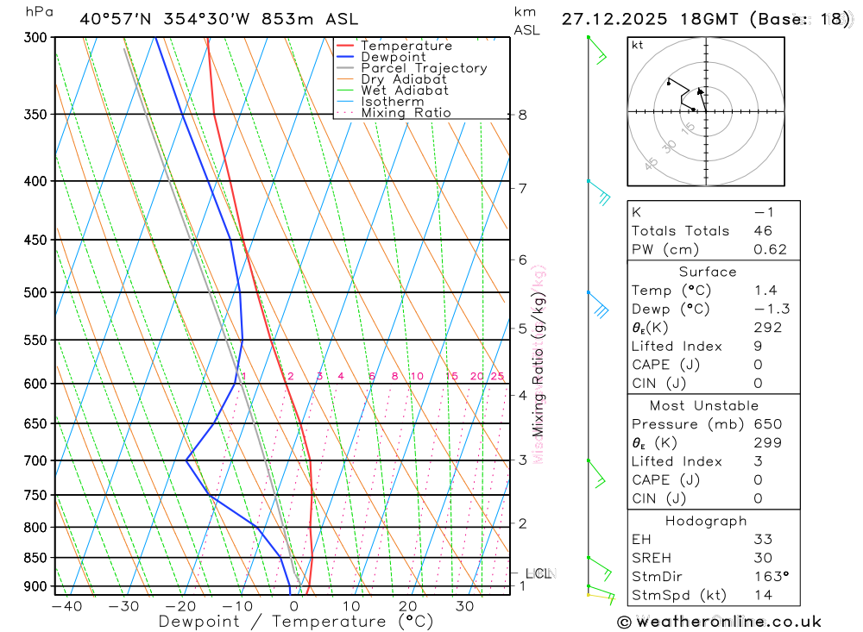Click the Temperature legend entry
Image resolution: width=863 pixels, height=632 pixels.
pyautogui.click(x=406, y=46)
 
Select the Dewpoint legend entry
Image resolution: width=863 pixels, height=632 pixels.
pyautogui.click(x=393, y=57)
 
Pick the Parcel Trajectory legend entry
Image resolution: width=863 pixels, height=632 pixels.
pyautogui.click(x=424, y=68)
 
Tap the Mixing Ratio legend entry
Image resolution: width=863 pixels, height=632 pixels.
pyautogui.click(x=406, y=113)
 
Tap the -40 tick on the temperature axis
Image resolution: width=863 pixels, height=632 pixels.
pyautogui.click(x=66, y=605)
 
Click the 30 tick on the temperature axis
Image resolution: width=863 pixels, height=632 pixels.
pyautogui.click(x=464, y=605)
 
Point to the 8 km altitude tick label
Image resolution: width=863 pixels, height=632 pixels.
pyautogui.click(x=522, y=115)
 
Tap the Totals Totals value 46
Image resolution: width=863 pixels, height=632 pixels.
pyautogui.click(x=763, y=231)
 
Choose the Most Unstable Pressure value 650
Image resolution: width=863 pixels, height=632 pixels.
pyautogui.click(x=767, y=424)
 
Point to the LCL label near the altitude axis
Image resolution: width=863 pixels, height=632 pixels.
pyautogui.click(x=539, y=573)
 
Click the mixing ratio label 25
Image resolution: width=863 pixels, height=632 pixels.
pyautogui.click(x=497, y=376)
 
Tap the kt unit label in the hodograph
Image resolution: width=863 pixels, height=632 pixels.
pyautogui.click(x=637, y=46)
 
